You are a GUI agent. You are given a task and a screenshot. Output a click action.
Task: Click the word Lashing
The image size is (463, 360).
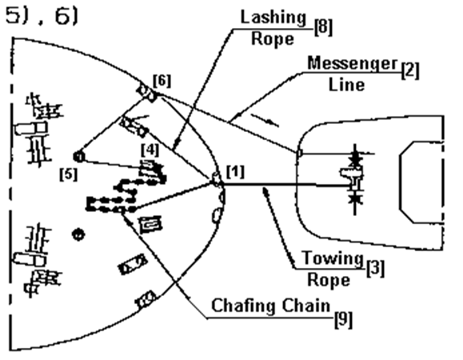[273, 18]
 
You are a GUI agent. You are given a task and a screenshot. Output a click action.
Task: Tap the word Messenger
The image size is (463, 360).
[353, 63]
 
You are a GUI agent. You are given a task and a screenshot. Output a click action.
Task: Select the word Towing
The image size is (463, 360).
[332, 258]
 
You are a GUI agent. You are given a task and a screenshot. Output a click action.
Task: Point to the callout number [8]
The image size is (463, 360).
[323, 27]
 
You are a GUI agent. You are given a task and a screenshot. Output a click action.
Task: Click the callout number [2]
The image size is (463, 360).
[410, 71]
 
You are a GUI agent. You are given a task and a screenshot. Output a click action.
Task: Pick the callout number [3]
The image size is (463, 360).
[375, 269]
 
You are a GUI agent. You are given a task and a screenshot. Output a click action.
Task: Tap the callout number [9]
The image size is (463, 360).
[343, 319]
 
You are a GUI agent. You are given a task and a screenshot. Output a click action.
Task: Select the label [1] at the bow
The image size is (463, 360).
[235, 172]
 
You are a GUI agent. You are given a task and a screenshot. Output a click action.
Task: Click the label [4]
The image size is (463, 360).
[150, 150]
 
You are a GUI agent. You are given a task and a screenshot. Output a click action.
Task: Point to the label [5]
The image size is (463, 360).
[69, 174]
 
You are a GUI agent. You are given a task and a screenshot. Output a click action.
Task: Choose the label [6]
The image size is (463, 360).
[162, 81]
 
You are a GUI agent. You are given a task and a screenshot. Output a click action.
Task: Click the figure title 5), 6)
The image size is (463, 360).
[42, 15]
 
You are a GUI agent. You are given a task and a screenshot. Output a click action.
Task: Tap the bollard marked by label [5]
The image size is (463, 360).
[79, 157]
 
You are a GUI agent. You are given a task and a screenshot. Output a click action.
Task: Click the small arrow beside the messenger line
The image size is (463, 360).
[265, 121]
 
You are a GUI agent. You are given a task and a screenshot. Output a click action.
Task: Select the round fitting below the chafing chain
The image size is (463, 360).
[78, 235]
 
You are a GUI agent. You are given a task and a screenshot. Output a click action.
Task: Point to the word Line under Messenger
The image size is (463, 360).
[347, 85]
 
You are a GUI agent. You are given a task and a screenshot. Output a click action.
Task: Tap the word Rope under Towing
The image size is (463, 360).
[329, 280]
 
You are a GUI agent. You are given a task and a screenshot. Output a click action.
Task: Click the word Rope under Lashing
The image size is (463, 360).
[273, 39]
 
